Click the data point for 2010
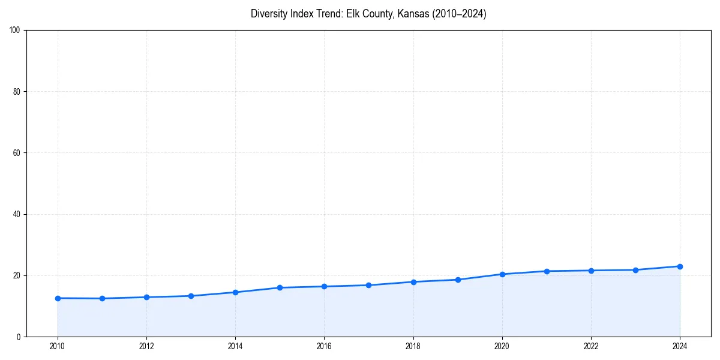pyautogui.click(x=58, y=298)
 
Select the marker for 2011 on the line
pyautogui.click(x=102, y=298)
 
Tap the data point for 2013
pyautogui.click(x=191, y=296)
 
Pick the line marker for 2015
pyautogui.click(x=280, y=287)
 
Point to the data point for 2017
pyautogui.click(x=368, y=285)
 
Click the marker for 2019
pyautogui.click(x=458, y=280)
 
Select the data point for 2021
pyautogui.click(x=547, y=271)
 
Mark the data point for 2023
pyautogui.click(x=635, y=270)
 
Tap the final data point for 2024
pyautogui.click(x=680, y=266)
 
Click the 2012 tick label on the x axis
pyautogui.click(x=146, y=346)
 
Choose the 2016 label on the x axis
pyautogui.click(x=324, y=346)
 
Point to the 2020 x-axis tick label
pyautogui.click(x=502, y=346)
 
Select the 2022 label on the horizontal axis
pyautogui.click(x=591, y=346)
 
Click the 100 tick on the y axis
pyautogui.click(x=16, y=31)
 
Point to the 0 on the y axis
pyautogui.click(x=19, y=337)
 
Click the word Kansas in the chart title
pyautogui.click(x=407, y=14)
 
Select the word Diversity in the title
pyautogui.click(x=268, y=14)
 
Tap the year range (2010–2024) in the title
pyautogui.click(x=457, y=14)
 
